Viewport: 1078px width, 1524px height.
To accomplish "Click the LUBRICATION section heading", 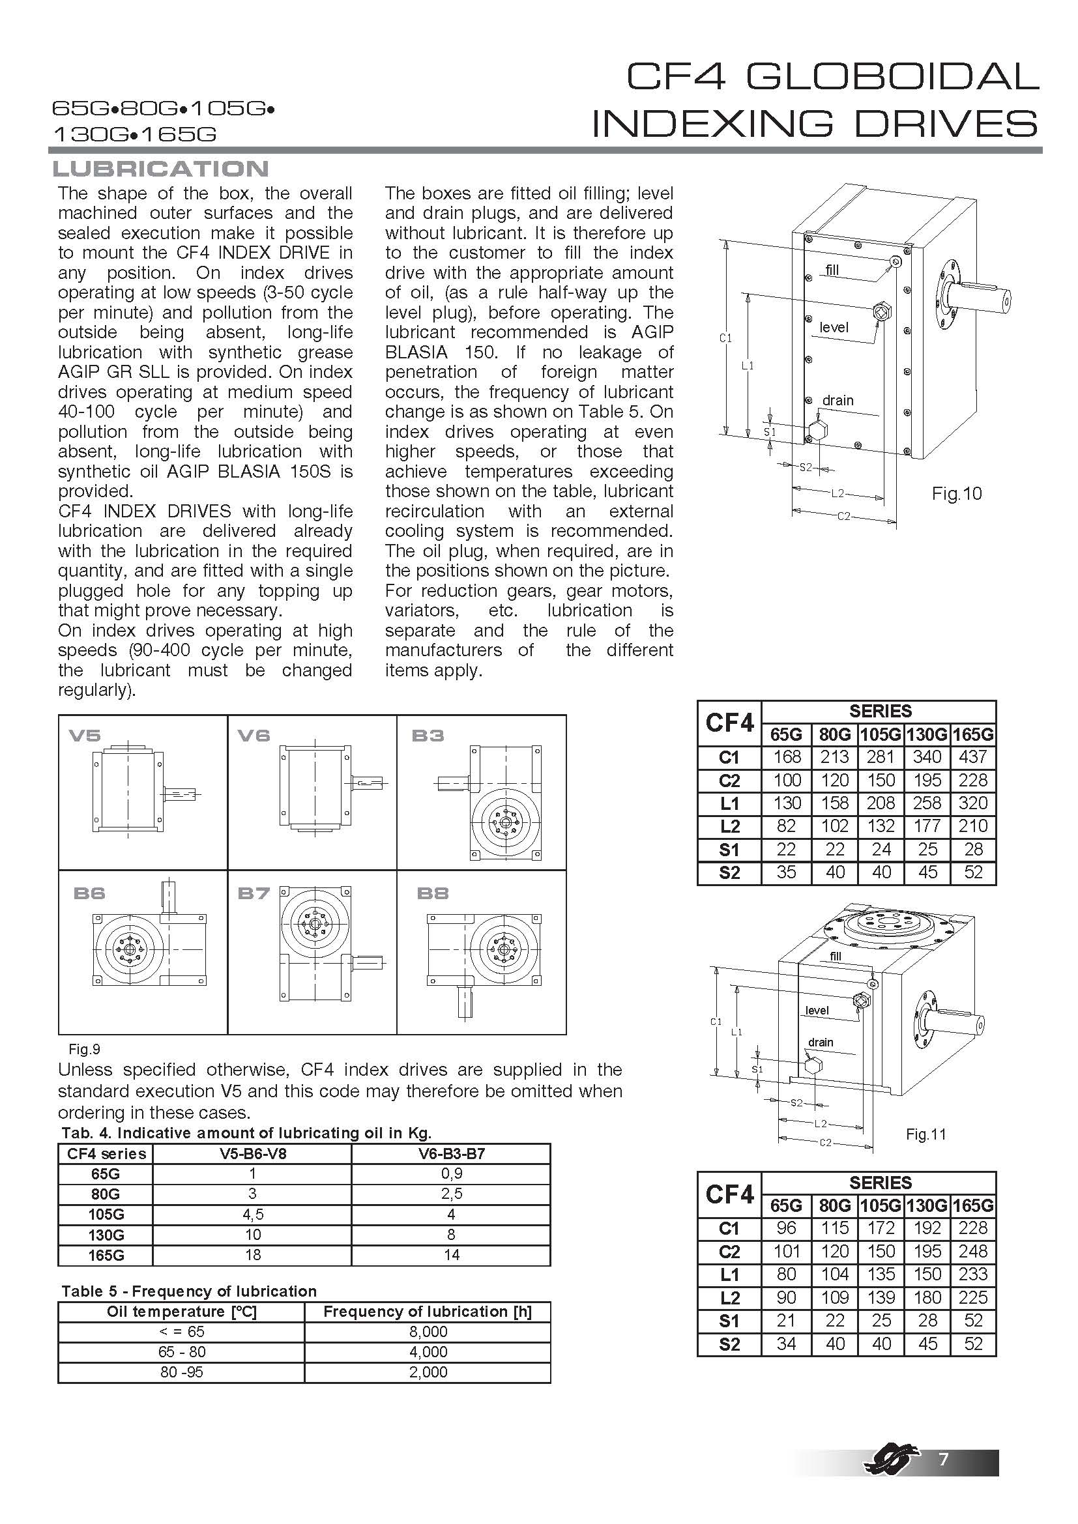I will pyautogui.click(x=160, y=169).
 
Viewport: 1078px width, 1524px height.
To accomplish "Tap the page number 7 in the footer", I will pyautogui.click(x=942, y=1458).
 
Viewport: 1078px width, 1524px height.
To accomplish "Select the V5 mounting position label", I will pyautogui.click(x=84, y=735).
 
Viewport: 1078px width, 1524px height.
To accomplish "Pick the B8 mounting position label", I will pyautogui.click(x=432, y=893).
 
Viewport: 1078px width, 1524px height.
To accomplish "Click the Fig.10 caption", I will pyautogui.click(x=957, y=493).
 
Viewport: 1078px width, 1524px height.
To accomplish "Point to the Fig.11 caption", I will pyautogui.click(x=925, y=1134).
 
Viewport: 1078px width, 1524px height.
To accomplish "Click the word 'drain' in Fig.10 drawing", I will pyautogui.click(x=838, y=400).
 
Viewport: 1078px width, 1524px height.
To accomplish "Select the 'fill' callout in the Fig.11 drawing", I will pyautogui.click(x=835, y=956).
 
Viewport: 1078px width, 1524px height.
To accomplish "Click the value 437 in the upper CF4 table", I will pyautogui.click(x=973, y=756).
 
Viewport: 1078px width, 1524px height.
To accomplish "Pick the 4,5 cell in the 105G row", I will pyautogui.click(x=252, y=1214).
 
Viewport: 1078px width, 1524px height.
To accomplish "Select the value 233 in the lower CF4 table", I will pyautogui.click(x=973, y=1274).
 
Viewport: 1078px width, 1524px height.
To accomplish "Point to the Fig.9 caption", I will pyautogui.click(x=84, y=1049).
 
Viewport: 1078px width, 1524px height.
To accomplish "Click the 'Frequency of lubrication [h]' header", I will pyautogui.click(x=428, y=1312).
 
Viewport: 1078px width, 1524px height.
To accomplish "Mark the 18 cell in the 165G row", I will pyautogui.click(x=252, y=1254).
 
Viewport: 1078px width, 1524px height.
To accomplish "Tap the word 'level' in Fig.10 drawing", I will pyautogui.click(x=834, y=327).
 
